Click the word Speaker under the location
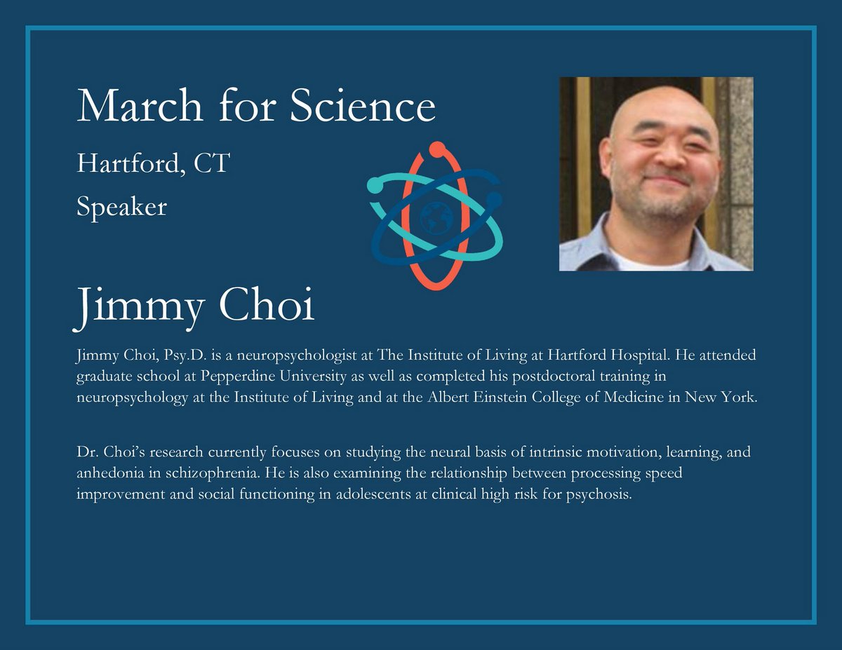(121, 207)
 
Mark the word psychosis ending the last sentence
(594, 494)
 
